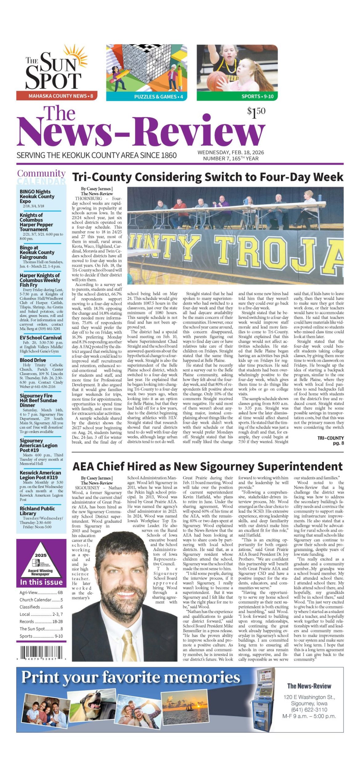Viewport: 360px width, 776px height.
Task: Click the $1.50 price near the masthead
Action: [256, 113]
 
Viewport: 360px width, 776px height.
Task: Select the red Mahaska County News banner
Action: [57, 96]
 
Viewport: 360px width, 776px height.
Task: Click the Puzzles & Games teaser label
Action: [146, 97]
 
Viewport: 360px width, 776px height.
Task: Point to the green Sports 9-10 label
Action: [237, 96]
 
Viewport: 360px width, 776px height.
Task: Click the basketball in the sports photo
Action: [217, 81]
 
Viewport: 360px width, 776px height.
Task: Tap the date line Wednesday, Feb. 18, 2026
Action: [230, 152]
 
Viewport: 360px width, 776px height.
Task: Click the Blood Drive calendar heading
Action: [33, 360]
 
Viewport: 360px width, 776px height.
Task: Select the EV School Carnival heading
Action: [41, 338]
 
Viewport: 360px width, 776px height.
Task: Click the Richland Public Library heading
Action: [37, 511]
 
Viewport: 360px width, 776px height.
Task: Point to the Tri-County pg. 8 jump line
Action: [330, 440]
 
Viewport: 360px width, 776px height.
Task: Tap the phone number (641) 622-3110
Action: [309, 710]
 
